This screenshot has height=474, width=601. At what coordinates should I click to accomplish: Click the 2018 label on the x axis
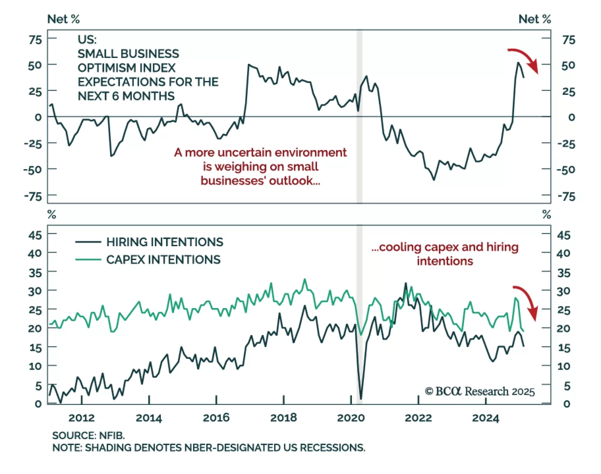click(283, 418)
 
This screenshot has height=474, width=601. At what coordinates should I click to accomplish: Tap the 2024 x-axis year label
click(485, 418)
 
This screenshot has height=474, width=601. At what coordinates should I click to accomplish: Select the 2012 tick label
click(82, 418)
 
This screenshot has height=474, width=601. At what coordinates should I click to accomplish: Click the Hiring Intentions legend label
click(165, 242)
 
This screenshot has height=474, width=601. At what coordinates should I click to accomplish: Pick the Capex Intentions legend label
click(163, 260)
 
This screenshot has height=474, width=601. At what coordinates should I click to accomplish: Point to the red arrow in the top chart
click(524, 59)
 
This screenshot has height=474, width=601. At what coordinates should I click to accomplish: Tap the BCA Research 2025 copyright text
click(480, 391)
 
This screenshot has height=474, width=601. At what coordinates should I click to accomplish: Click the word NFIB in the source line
click(112, 435)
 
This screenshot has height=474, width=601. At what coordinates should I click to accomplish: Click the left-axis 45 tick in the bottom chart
click(35, 235)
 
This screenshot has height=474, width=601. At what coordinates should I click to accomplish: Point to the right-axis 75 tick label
click(568, 40)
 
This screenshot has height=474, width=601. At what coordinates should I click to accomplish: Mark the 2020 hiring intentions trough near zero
click(361, 399)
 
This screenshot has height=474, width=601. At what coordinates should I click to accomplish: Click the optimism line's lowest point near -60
click(434, 180)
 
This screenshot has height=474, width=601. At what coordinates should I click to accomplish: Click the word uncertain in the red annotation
click(244, 152)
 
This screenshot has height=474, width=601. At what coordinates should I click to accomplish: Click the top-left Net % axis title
click(63, 19)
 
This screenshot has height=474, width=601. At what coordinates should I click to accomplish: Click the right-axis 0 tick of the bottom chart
click(566, 404)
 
